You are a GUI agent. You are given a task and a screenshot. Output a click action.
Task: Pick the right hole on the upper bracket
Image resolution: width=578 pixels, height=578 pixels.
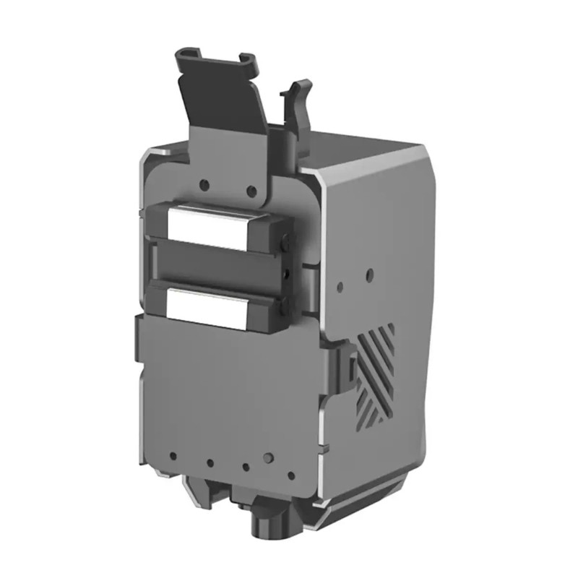coord(251,192)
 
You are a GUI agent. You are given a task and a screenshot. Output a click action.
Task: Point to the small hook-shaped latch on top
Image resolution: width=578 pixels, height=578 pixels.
coord(298,98)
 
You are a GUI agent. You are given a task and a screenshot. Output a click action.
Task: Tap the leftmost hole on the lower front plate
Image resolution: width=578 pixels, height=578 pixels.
coord(173,456)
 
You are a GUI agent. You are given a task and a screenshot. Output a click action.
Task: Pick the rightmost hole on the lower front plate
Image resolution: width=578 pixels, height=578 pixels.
coord(291,476)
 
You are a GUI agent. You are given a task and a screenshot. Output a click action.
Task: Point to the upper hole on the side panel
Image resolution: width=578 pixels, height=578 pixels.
coord(369,275)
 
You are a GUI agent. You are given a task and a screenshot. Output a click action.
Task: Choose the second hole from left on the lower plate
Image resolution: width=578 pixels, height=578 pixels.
coord(210,463)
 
